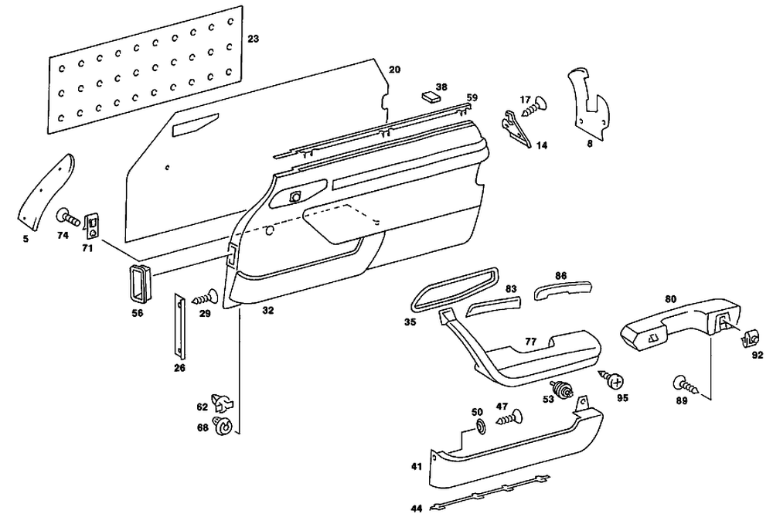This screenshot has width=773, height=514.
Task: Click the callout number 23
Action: point(253,38)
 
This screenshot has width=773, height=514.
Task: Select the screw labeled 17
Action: point(535,107)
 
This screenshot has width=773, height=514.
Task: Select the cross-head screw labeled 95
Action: point(615,380)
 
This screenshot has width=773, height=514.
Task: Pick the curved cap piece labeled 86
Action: point(564,289)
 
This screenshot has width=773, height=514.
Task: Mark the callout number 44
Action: point(416,508)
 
